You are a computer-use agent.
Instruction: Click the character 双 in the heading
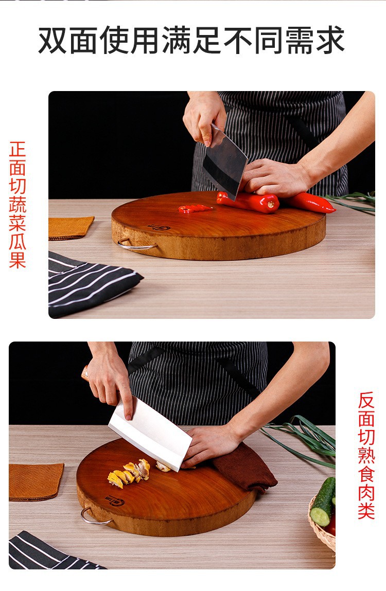pos(54,41)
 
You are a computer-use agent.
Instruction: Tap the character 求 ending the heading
pos(329,41)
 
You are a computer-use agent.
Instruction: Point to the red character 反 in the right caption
pos(366,401)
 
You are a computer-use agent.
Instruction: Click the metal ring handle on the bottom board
pos(95,517)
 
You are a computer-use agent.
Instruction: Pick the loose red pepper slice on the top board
pos(195,208)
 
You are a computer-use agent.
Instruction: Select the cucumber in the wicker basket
pos(323,502)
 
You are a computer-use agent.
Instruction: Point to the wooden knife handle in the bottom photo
pos(85,373)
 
